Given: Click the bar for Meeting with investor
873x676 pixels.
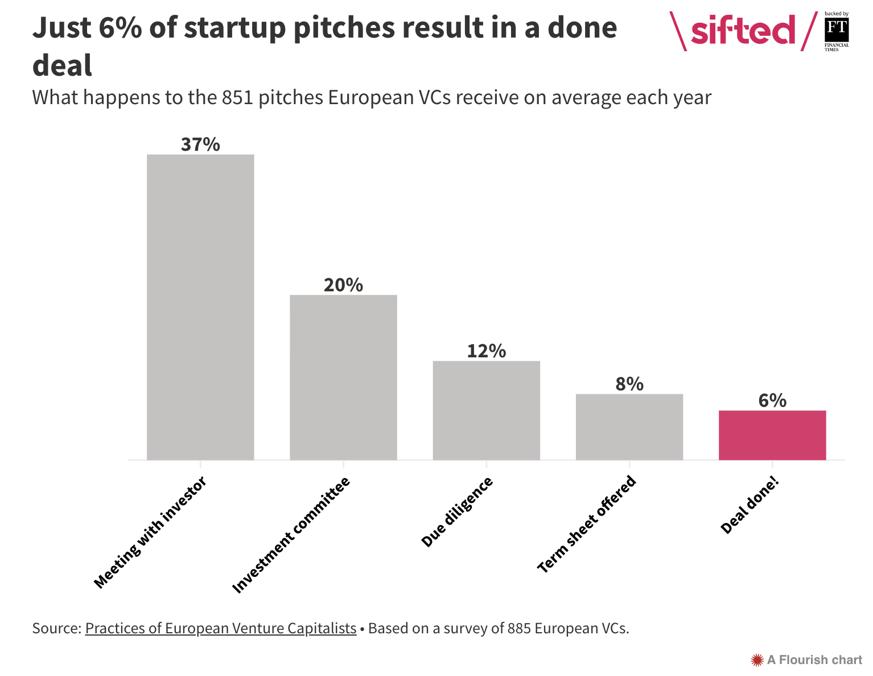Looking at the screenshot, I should [200, 307].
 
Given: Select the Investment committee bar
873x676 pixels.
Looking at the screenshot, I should [343, 377].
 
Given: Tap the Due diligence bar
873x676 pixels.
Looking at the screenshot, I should [486, 410].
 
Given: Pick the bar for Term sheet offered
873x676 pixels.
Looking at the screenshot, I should [629, 426].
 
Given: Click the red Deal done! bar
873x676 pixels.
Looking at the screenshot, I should [772, 435].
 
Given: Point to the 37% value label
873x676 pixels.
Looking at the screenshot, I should [200, 145].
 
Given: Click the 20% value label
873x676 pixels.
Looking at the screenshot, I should [343, 285].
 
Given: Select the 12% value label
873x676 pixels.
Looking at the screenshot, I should [486, 351].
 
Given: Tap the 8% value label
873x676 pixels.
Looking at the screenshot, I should [629, 384].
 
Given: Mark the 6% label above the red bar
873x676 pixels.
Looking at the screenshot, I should [772, 401].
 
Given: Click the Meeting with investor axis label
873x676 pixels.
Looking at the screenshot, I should [149, 533].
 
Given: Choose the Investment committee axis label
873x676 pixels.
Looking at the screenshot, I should [291, 535].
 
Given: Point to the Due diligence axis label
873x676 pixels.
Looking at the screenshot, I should [457, 512].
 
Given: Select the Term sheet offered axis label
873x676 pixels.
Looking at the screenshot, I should [587, 524].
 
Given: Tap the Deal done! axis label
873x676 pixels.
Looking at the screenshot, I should [749, 506].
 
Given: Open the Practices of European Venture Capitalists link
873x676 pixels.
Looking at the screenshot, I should [221, 628].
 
